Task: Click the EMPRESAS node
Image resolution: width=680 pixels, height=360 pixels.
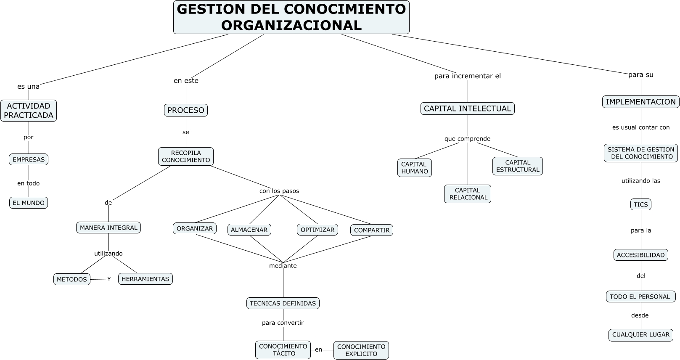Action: point(29,159)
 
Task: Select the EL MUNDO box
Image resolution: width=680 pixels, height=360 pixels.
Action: point(29,203)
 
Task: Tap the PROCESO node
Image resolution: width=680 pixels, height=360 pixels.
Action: point(186,110)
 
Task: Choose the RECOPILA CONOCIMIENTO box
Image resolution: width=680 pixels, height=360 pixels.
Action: point(186,156)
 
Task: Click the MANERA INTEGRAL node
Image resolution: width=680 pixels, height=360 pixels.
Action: point(108,228)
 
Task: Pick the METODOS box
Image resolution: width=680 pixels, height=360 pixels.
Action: point(72,279)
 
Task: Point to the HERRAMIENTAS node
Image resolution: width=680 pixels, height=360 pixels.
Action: point(146,279)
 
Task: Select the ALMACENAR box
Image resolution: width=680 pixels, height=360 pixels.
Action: point(249,230)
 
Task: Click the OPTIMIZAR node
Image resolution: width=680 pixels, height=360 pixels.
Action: point(318,230)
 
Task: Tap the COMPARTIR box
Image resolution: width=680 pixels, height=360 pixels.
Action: point(372,230)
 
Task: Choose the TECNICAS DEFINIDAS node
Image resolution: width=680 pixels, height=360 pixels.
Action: point(283,303)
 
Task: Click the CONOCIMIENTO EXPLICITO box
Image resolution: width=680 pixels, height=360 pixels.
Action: point(361,350)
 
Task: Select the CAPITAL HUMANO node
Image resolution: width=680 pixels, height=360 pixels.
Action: point(415,168)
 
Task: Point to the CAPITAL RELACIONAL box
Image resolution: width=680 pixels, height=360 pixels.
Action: point(468,194)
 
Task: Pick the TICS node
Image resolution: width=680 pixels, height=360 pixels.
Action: point(641,204)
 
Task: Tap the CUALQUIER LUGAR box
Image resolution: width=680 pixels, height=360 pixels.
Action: point(641,335)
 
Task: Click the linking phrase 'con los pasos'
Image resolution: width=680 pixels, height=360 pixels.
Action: point(279,191)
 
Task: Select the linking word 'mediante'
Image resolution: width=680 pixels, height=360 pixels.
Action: point(283,266)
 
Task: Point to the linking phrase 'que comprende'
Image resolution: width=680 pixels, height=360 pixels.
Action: point(467,139)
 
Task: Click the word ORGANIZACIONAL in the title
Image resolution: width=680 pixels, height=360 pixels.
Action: point(291,25)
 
